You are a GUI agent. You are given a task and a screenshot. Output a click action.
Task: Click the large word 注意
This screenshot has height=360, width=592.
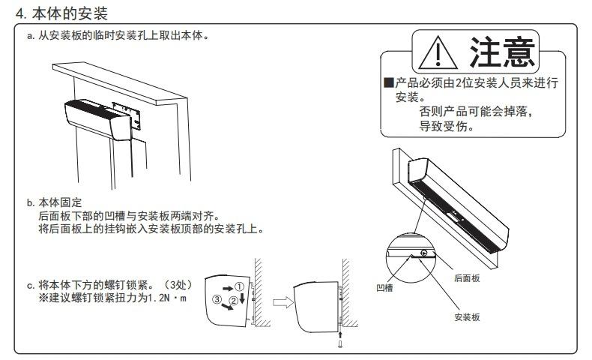pos(502,51)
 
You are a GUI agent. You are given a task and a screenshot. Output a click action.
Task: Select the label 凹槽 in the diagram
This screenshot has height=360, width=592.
pos(384,286)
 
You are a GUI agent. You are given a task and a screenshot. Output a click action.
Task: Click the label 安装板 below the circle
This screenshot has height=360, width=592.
pos(468,317)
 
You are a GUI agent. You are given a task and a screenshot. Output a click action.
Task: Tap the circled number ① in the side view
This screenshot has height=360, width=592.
pos(239,286)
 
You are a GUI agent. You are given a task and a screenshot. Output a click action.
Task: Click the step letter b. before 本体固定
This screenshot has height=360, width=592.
pos(30,202)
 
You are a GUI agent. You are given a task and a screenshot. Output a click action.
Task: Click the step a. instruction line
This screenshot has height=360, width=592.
pos(116,37)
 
